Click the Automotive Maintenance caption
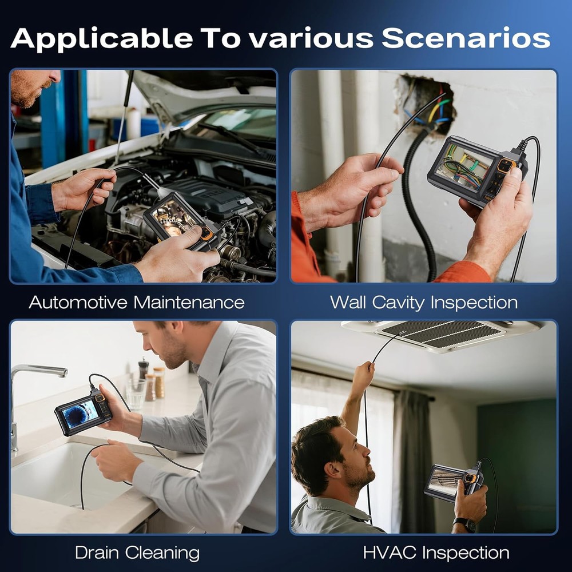(x=137, y=302)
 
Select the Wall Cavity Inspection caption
(x=424, y=302)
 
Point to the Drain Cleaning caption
(x=137, y=553)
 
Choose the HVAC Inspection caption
(x=436, y=553)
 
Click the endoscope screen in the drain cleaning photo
(x=81, y=414)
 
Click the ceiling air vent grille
(x=440, y=335)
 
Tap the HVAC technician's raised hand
(x=363, y=373)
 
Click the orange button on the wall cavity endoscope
(x=505, y=166)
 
